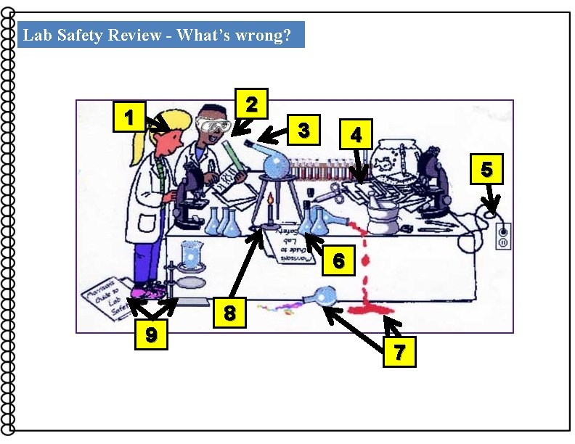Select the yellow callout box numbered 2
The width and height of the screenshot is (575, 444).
pos(251,104)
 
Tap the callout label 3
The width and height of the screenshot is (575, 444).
pos(305,131)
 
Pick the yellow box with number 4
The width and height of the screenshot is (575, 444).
pos(355,133)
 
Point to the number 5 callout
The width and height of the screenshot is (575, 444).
pos(486,170)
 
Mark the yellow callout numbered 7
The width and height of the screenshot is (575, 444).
pos(399,353)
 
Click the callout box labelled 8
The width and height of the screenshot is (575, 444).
pos(229,313)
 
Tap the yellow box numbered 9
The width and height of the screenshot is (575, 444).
pos(151,335)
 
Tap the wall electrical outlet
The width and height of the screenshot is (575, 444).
pos(502,236)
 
